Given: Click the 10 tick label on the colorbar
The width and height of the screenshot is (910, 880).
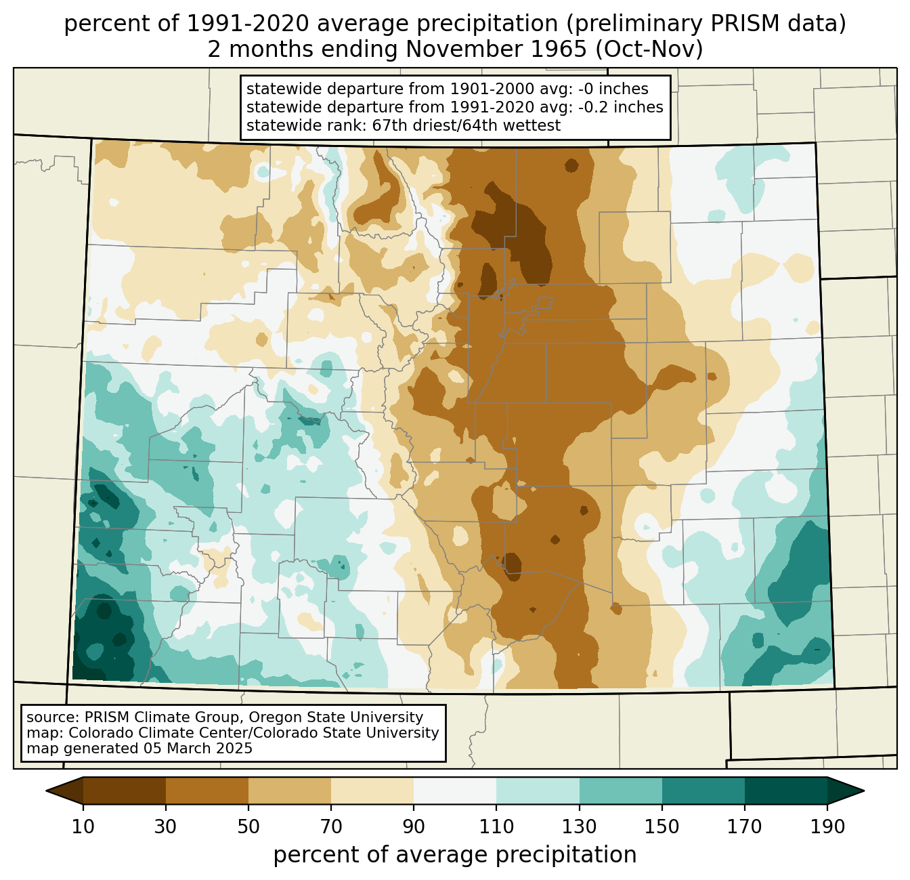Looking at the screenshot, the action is [x=83, y=827].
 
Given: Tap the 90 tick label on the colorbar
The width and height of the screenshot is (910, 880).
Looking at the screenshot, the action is [x=414, y=827].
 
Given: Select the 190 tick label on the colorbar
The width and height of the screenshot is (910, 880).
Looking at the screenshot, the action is [x=827, y=827].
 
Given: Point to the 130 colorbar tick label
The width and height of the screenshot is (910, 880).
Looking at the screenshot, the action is [x=579, y=827].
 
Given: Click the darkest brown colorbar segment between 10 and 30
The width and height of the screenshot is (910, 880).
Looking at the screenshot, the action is [x=125, y=791].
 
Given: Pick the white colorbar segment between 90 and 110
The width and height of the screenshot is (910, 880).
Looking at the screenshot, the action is [x=455, y=791].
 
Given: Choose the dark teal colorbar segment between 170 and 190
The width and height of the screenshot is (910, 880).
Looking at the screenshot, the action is [x=785, y=791].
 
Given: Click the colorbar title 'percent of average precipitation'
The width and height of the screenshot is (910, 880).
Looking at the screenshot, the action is [x=455, y=855].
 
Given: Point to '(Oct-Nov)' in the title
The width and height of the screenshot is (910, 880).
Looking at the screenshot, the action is [x=649, y=49].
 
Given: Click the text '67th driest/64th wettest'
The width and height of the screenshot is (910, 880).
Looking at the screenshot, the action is [x=467, y=125].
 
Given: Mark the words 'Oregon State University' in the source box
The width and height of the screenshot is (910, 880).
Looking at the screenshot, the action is [x=336, y=717].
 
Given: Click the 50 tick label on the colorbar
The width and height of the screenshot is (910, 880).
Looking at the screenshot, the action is [x=248, y=827].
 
